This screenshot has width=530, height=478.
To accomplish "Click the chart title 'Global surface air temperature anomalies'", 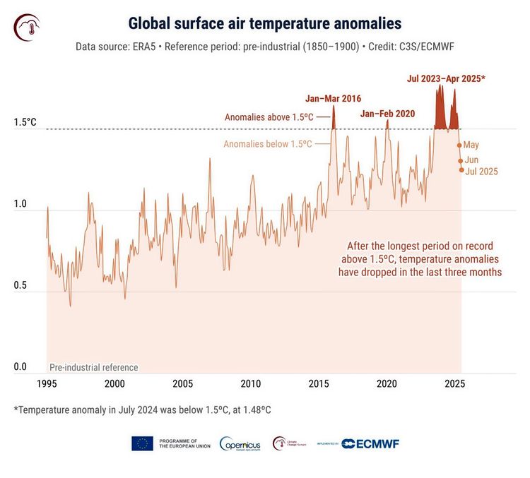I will [x=264, y=24].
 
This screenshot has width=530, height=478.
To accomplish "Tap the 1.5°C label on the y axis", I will [x=25, y=122].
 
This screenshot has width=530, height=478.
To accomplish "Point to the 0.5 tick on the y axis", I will [x=20, y=286].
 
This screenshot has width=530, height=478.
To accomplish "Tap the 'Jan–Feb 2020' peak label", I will [x=387, y=113].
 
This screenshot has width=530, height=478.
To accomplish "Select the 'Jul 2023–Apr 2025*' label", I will [x=446, y=78].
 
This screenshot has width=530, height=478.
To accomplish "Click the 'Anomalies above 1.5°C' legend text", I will [x=269, y=117].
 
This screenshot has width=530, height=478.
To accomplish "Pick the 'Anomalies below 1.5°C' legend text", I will [x=268, y=143].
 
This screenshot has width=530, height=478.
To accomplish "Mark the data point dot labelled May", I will [x=459, y=145].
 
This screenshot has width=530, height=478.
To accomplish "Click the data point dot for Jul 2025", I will [x=462, y=170].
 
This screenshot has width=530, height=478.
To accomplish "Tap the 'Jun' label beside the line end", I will [x=471, y=160].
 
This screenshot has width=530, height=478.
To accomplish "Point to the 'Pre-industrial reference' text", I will [x=93, y=367].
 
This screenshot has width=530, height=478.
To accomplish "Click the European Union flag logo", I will [x=142, y=443].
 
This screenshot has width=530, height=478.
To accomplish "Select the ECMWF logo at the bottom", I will [x=371, y=443].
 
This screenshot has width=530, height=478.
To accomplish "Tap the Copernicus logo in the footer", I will [x=240, y=443].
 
